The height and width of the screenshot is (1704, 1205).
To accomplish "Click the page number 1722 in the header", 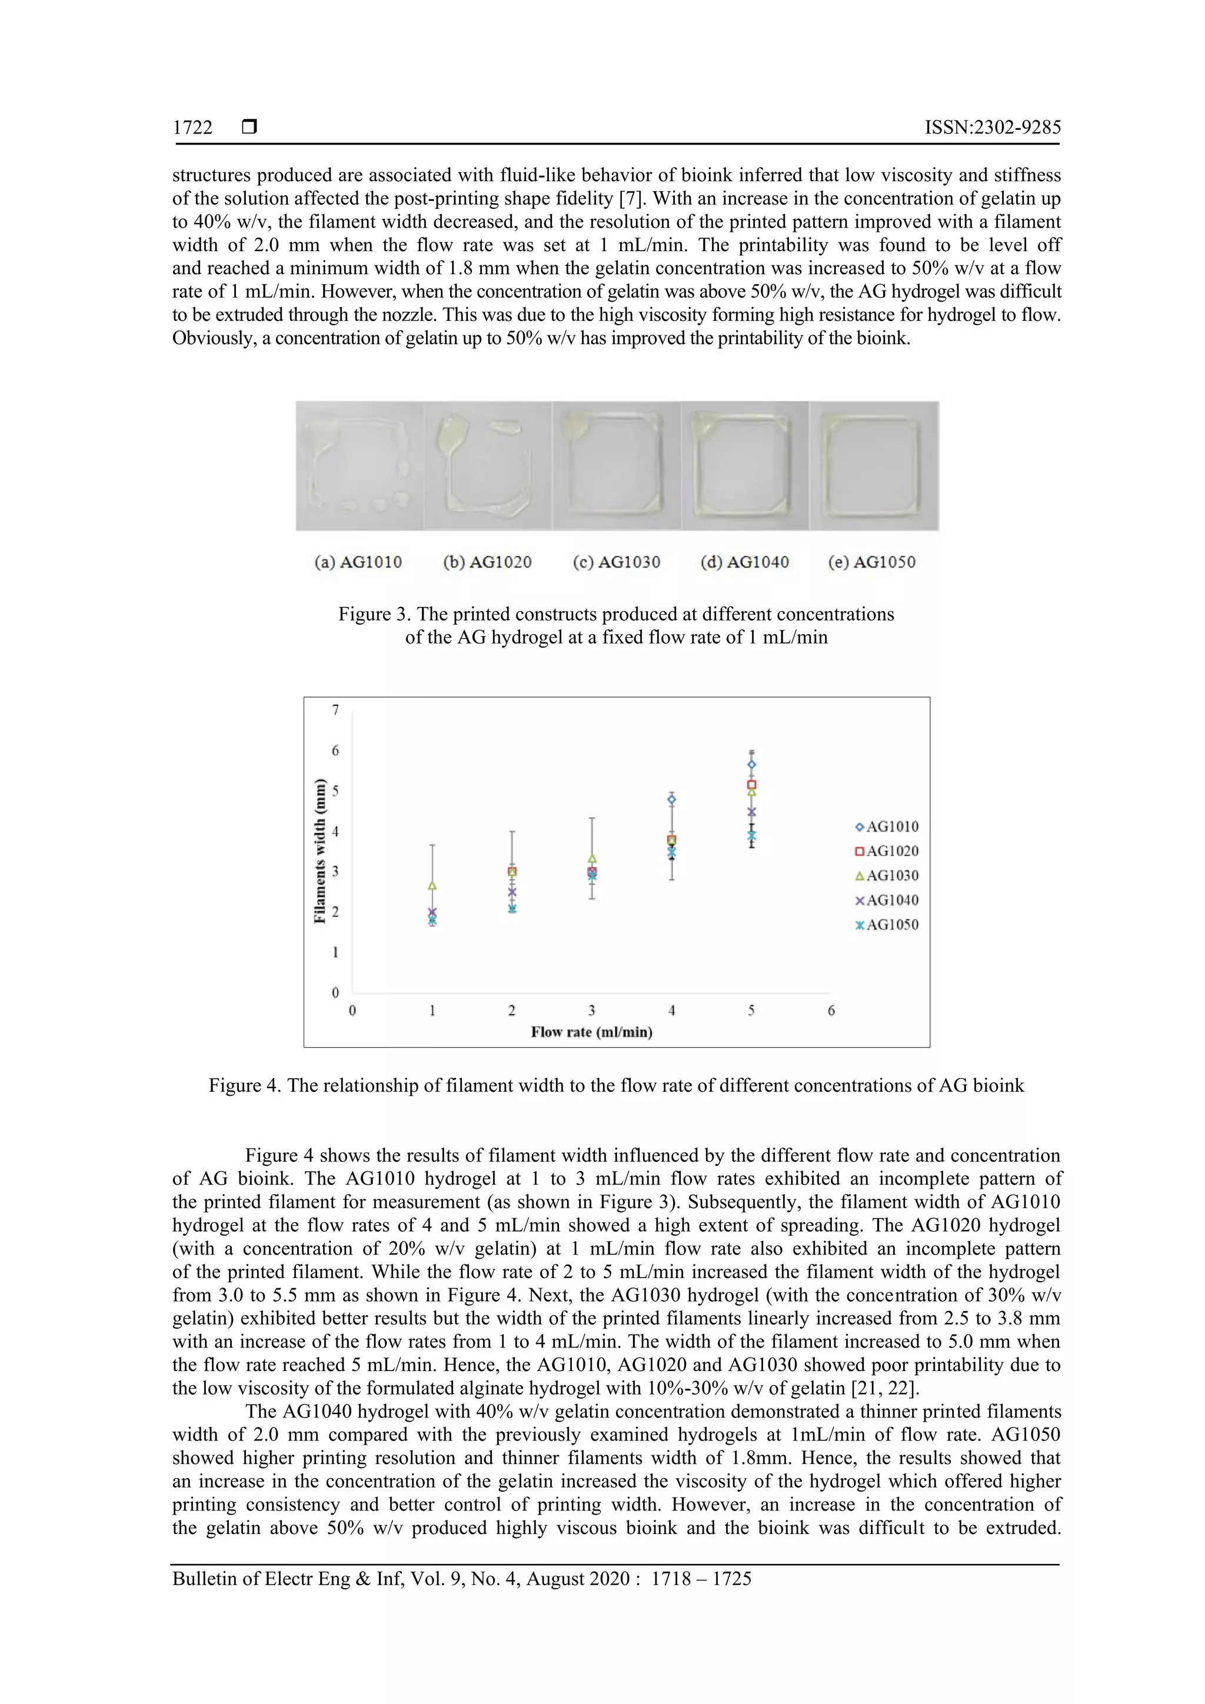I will point(192,128).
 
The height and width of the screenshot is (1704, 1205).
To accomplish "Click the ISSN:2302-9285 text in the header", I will point(992,128).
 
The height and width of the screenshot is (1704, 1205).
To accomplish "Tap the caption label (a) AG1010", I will point(358,562).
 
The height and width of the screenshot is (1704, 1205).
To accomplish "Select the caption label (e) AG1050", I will point(871,562).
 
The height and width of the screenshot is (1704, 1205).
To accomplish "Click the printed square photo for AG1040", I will point(745,466).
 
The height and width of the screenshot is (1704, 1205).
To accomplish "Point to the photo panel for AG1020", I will point(488,466).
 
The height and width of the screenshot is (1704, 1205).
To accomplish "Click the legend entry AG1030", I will point(887,876).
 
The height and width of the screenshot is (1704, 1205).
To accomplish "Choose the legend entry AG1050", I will point(887,925).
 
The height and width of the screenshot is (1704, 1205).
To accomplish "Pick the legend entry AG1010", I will point(887,827).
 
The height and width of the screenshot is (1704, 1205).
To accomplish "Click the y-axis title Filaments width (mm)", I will point(320,851).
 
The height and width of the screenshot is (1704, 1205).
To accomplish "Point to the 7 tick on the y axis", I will point(335,711).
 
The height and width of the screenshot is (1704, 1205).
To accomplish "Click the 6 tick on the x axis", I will point(831,1010).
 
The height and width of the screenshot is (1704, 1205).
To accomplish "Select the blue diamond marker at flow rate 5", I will point(751,765).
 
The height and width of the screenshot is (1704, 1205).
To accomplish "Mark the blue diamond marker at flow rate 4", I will point(672,799).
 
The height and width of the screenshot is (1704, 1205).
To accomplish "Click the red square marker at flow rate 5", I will point(751,785).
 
